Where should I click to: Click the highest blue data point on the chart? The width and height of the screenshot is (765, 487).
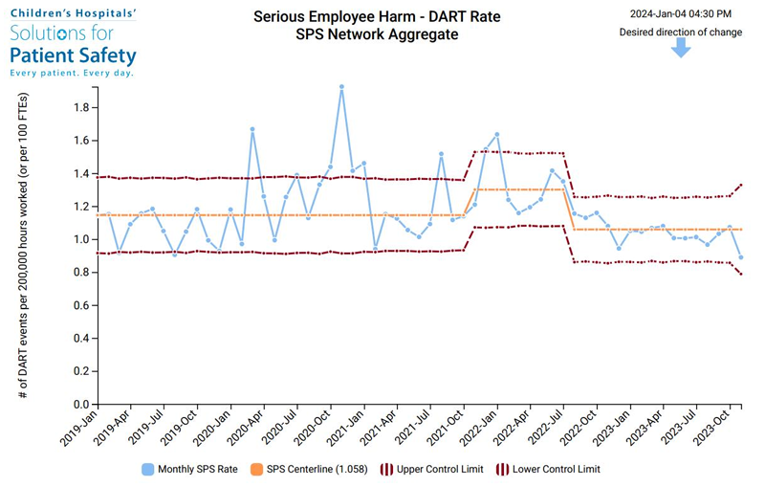point(341,87)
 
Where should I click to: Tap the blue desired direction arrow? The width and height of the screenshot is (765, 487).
point(680,48)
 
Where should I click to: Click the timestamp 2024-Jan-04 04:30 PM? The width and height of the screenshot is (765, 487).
point(681,13)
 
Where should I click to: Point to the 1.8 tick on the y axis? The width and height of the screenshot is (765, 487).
point(80,108)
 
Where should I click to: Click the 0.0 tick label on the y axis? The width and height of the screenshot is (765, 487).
point(80,405)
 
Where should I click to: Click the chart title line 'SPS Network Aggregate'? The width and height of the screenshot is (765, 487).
point(377,34)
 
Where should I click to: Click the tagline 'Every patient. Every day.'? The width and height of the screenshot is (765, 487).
point(72,73)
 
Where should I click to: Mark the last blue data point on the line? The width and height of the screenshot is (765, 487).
point(740,257)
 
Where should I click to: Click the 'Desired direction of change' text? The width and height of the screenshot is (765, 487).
point(680,32)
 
